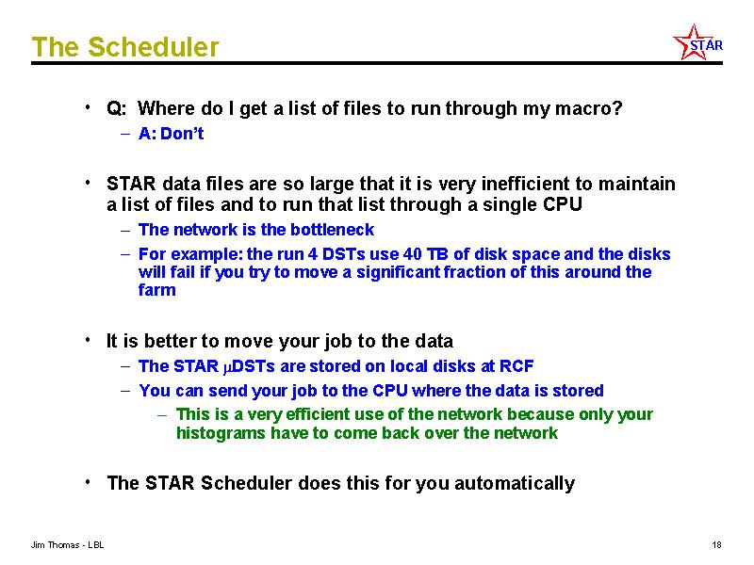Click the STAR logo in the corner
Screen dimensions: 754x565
point(697,42)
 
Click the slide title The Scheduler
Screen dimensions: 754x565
point(125,46)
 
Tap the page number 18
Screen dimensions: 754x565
point(716,545)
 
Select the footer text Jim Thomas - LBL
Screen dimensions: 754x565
point(67,545)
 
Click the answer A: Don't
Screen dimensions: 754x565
point(171,134)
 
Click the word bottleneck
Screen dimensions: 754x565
point(332,230)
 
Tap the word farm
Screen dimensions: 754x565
point(156,290)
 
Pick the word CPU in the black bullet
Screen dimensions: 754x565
point(563,204)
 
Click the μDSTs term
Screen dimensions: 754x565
point(249,366)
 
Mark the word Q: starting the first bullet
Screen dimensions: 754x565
point(117,108)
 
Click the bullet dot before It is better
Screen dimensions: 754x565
point(88,340)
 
